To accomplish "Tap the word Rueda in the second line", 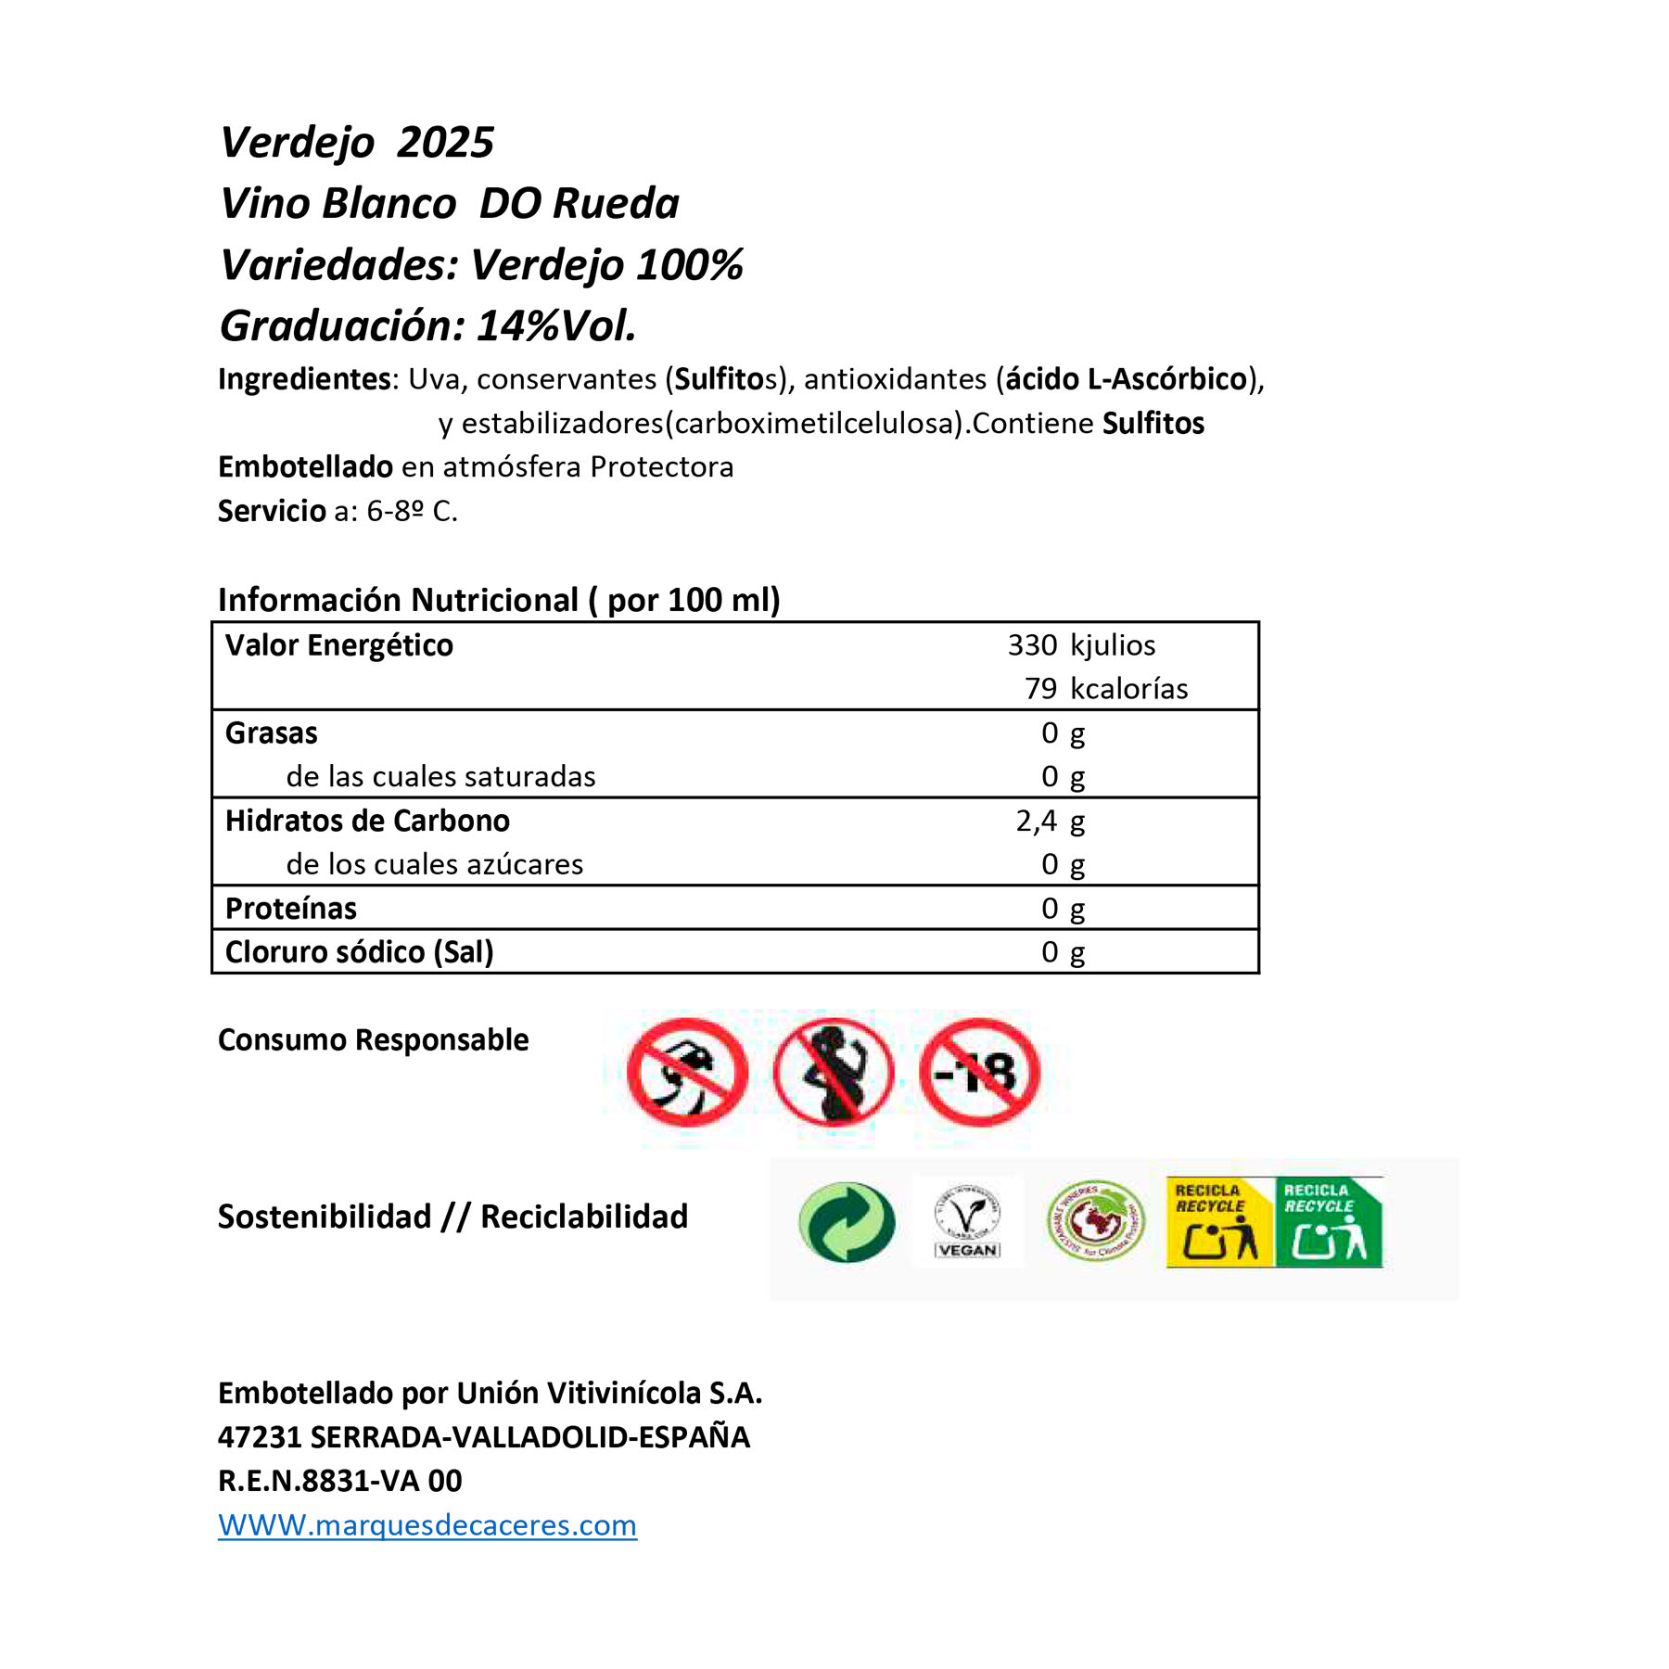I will pos(617,204).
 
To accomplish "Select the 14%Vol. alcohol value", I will pos(556,326).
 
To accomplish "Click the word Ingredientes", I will pos(304,379).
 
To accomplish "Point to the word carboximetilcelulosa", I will pos(815,424).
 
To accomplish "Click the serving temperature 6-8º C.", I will pos(412,511).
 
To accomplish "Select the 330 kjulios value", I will pos(1081,645).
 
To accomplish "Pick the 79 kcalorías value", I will pos(1105,689).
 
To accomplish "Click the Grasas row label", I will pos(271,733).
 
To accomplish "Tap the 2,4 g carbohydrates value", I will pos(1050,822).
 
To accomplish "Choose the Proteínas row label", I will pos(290,909).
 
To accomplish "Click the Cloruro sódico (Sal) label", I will pos(359,952).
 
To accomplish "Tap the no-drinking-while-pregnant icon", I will pos(834,1073).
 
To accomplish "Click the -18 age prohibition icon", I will pos(979,1073).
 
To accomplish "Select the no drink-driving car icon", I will pos(687,1073).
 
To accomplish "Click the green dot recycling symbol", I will pos(847,1222).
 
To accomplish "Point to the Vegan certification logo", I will pos(967,1222).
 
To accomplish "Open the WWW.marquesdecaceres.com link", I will pos(427,1525).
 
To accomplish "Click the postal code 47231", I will pos(259,1437).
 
